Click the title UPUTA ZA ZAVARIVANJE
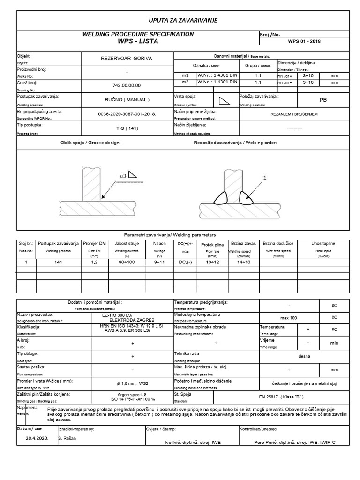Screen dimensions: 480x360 (x=182, y=20)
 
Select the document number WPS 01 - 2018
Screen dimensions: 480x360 (x=305, y=41)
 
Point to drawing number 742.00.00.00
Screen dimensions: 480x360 (x=127, y=85)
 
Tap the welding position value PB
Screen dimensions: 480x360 (x=310, y=100)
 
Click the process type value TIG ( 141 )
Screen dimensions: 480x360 (x=127, y=128)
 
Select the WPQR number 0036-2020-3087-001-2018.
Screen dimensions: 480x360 (x=127, y=114)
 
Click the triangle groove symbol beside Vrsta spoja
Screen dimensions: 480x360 (x=223, y=100)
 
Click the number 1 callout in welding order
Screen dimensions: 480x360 (x=264, y=178)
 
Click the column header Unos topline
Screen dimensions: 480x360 (x=323, y=244)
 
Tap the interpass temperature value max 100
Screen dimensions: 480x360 (x=289, y=318)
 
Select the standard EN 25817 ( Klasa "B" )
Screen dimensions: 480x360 (x=282, y=397)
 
